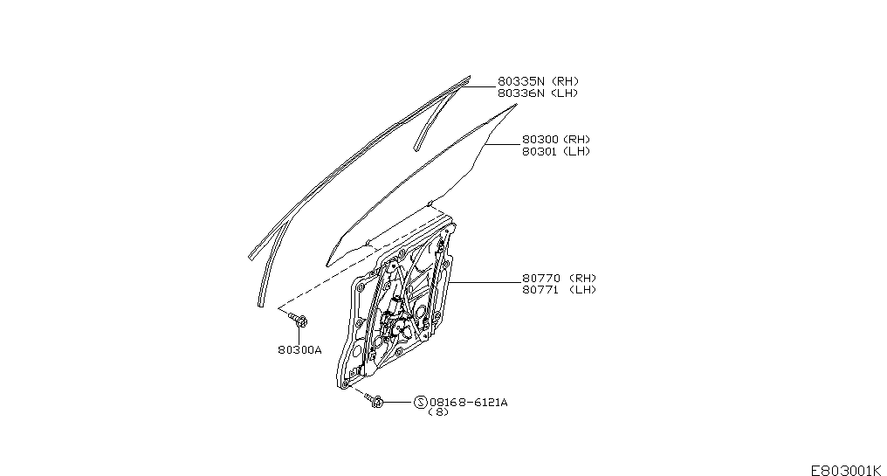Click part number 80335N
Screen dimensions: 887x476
[x=521, y=81]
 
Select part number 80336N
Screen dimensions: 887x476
[x=521, y=93]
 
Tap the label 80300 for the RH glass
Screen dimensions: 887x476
[x=540, y=139]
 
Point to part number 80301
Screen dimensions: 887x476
[x=540, y=151]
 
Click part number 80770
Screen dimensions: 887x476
[x=540, y=278]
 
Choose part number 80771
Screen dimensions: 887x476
[x=540, y=290]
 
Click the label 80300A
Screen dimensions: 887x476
[x=299, y=350]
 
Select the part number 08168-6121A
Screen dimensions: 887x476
[x=469, y=403]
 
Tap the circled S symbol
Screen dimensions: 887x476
[x=420, y=403]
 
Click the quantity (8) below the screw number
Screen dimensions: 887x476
[x=438, y=412]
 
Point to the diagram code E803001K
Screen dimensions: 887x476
[x=846, y=470]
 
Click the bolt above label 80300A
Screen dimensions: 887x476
[x=298, y=320]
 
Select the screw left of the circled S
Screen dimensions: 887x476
[x=374, y=400]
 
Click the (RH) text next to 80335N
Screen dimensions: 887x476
[x=565, y=81]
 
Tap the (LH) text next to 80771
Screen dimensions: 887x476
[x=582, y=290]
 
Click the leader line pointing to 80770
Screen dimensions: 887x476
[x=485, y=282]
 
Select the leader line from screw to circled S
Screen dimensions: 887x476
[x=399, y=403]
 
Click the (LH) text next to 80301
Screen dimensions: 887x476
[x=576, y=151]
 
